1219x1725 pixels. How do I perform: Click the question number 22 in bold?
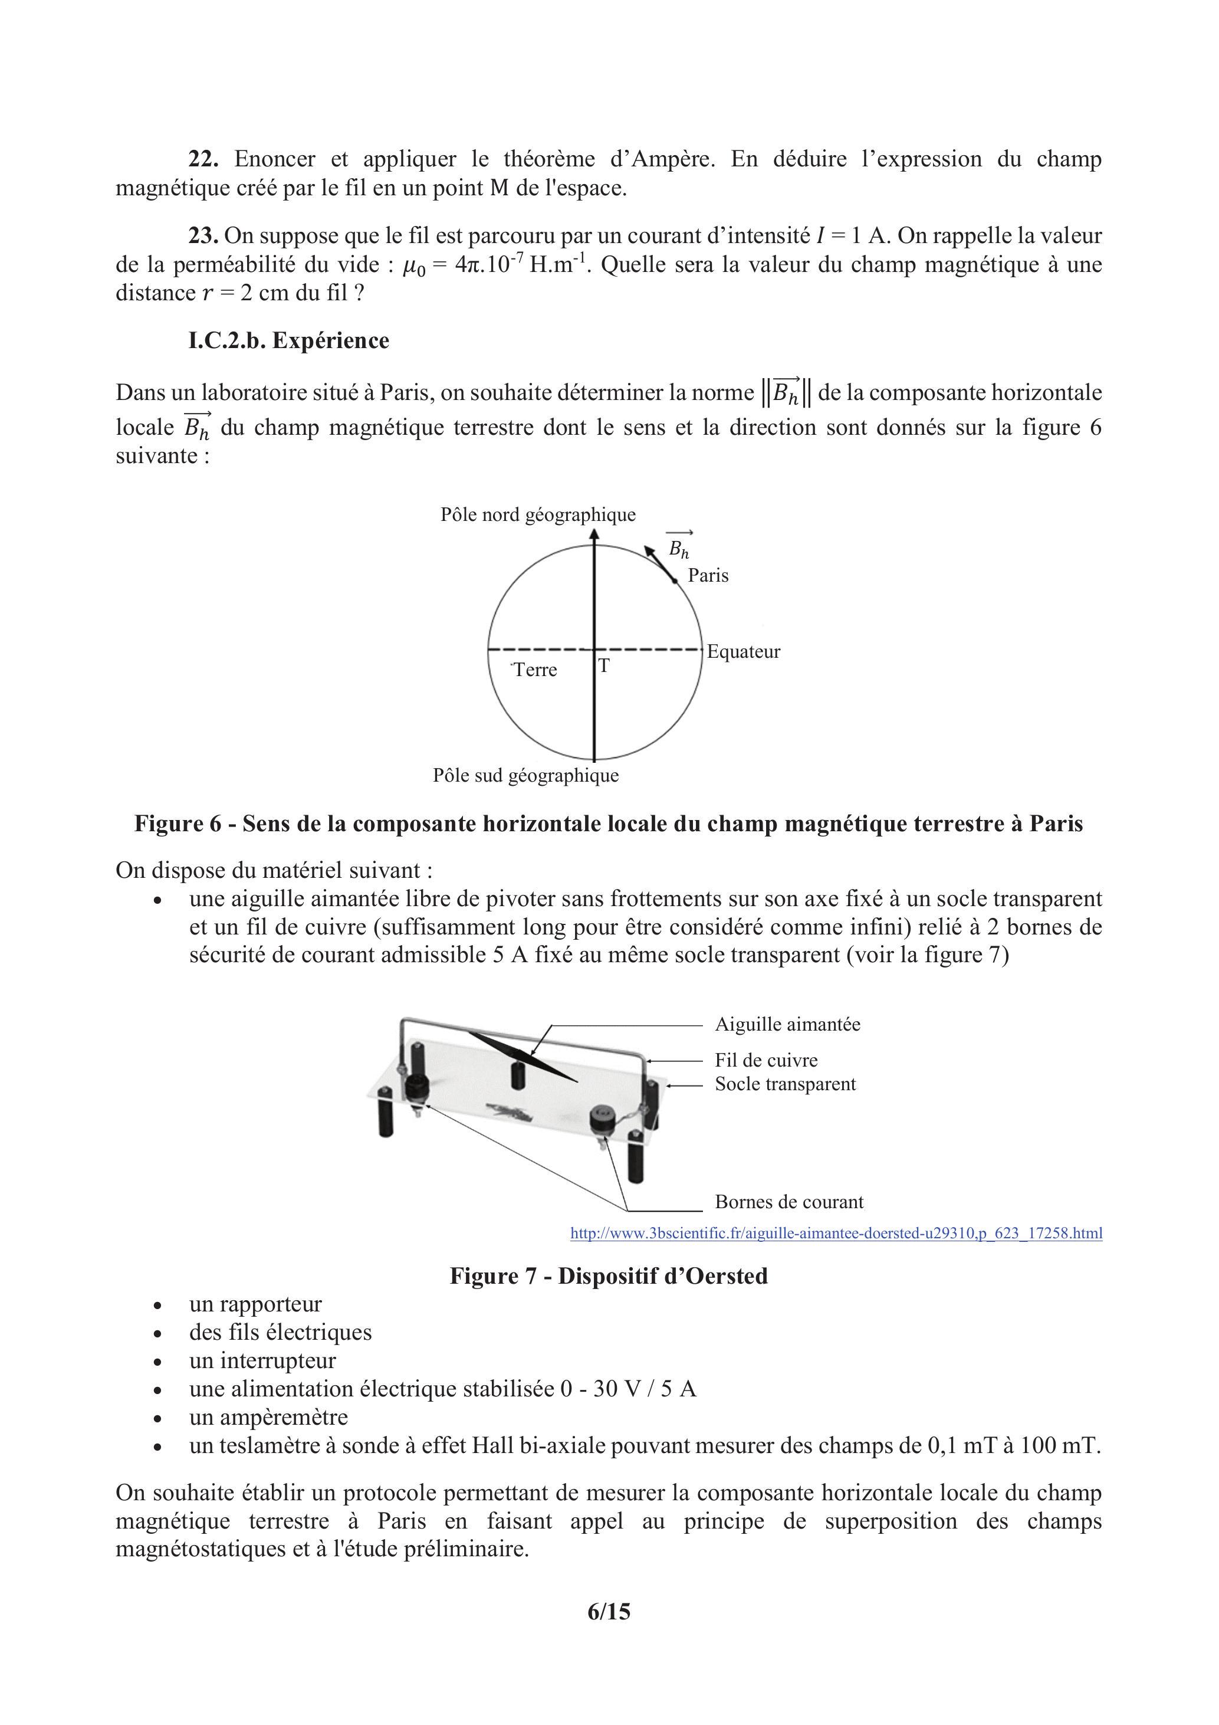tap(203, 159)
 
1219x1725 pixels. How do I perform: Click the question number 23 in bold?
tap(203, 236)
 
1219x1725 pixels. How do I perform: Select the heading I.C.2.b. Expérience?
tap(288, 340)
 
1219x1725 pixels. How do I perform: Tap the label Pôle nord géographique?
tap(538, 514)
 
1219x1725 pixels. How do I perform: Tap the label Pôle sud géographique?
tap(525, 775)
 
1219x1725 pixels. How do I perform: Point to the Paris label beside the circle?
tap(708, 576)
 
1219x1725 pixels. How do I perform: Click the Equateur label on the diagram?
tap(744, 651)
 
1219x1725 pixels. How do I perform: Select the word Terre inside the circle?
tap(535, 670)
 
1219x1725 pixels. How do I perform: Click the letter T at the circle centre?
tap(603, 665)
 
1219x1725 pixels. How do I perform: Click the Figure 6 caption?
tap(609, 824)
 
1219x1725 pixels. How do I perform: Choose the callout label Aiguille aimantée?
tap(787, 1025)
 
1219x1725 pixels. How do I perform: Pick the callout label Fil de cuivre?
tap(766, 1060)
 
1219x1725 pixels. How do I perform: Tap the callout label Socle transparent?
tap(785, 1084)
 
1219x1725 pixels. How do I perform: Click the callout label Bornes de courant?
tap(788, 1202)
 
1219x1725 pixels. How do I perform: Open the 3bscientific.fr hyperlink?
tap(836, 1233)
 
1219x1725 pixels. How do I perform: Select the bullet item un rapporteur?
tap(255, 1304)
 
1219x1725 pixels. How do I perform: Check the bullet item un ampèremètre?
tap(268, 1418)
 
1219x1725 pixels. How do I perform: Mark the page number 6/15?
tap(609, 1612)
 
